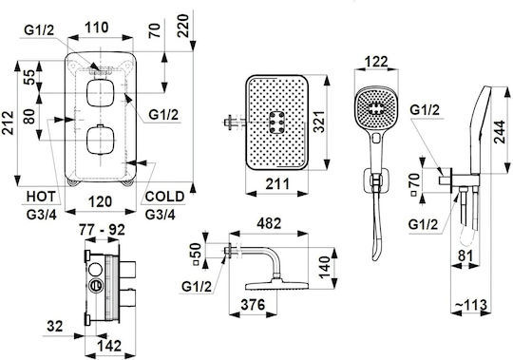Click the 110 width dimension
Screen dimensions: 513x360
tap(97, 28)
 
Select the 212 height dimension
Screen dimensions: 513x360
tap(8, 123)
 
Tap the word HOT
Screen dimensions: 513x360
tap(41, 197)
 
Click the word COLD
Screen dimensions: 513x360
tap(164, 197)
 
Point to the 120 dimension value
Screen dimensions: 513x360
tap(100, 201)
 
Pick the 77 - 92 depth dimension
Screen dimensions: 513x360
tap(102, 230)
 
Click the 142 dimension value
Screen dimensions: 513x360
tap(109, 346)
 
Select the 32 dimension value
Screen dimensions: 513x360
tap(55, 326)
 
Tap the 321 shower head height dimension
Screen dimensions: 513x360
tap(319, 122)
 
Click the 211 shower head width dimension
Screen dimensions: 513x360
tap(277, 183)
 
